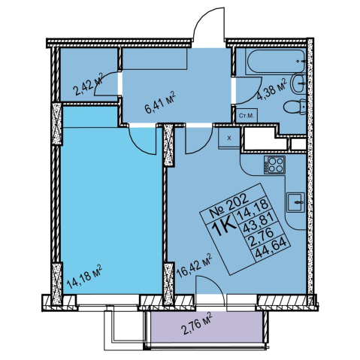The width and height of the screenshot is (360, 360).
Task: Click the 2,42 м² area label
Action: tap(87, 84)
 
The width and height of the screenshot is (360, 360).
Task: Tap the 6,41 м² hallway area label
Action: tap(159, 102)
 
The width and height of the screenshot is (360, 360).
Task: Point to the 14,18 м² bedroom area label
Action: tap(84, 277)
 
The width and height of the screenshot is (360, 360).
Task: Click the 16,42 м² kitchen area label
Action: tap(194, 266)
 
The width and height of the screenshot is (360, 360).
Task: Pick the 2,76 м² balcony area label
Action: tap(196, 324)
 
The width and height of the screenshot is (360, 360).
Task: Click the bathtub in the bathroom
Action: tap(276, 62)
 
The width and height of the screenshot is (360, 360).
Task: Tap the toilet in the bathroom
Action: tap(295, 107)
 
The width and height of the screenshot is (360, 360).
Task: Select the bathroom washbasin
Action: tap(298, 84)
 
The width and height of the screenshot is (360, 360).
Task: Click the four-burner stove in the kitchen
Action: tap(274, 165)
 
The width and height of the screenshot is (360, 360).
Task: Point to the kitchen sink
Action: tap(296, 202)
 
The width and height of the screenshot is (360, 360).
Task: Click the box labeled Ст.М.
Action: tap(247, 116)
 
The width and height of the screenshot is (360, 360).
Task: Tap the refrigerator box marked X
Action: tap(229, 138)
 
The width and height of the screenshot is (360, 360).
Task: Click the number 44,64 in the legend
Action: tap(272, 250)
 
